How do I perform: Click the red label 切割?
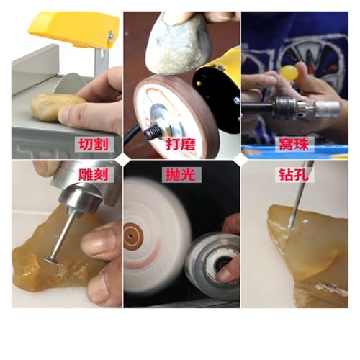94,144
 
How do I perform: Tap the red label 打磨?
181,144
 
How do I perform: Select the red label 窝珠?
294,144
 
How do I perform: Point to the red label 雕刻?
94,174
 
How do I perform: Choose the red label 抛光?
181,174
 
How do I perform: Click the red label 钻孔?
294,174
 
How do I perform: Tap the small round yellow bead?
289,73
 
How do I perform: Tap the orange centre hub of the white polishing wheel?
133,235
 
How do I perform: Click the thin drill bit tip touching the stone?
291,225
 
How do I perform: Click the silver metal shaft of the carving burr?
62,235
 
